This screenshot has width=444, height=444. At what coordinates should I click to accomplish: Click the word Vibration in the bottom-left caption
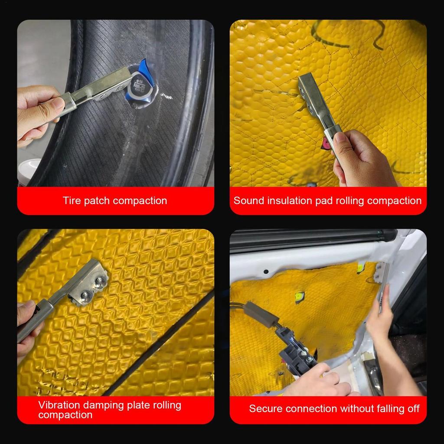click(58, 405)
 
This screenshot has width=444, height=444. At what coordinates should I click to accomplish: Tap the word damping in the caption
click(103, 405)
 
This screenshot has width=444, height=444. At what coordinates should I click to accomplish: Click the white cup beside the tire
click(29, 171)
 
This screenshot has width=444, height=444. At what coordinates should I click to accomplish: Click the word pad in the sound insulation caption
click(336, 201)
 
